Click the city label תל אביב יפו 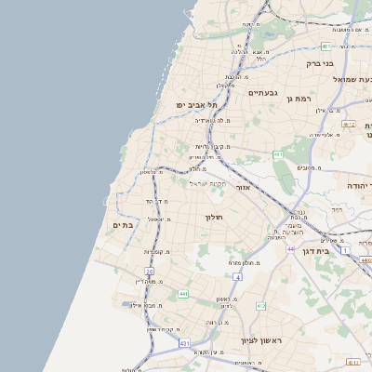click(x=198, y=106)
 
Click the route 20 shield click(x=149, y=271)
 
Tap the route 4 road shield click(x=237, y=276)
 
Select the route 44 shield click(x=291, y=249)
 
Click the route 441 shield click(x=183, y=294)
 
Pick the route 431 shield click(x=184, y=344)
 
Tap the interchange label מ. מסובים click(x=309, y=167)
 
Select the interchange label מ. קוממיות click(x=159, y=253)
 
